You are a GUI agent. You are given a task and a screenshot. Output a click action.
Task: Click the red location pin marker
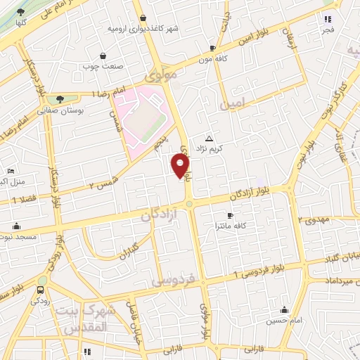tap(181, 165)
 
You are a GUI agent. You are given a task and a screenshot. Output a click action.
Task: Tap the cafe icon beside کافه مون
tap(212, 48)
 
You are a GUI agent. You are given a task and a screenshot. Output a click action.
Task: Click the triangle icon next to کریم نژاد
tap(208, 138)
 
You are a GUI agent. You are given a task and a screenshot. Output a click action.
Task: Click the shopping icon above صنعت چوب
tap(103, 56)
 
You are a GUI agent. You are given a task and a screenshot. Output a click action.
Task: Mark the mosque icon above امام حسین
tap(284, 310)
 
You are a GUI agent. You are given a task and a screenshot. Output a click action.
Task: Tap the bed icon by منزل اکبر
tap(11, 172)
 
